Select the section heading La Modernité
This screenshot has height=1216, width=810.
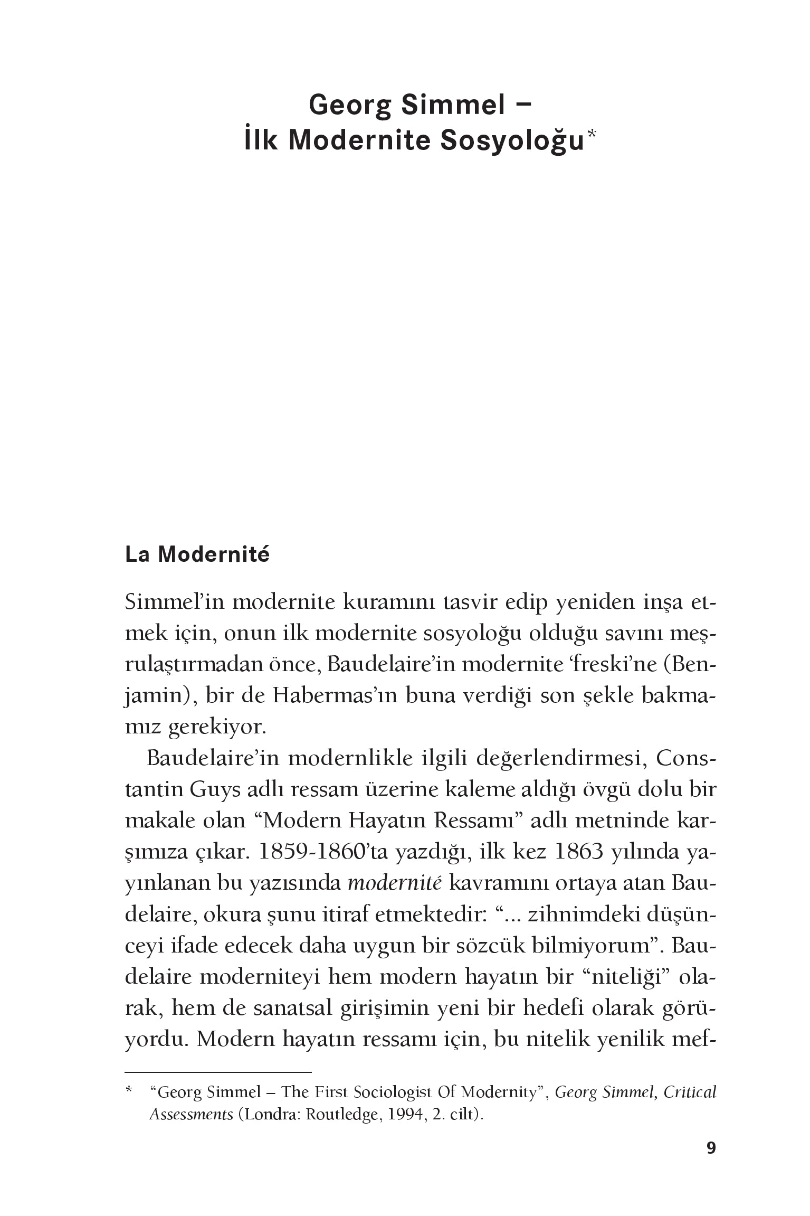[197, 555]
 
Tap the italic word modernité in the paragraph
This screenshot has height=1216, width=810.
[394, 883]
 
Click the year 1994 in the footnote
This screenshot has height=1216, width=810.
[403, 1114]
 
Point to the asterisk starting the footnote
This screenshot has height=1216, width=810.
[129, 1091]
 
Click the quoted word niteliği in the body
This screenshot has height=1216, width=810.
[627, 977]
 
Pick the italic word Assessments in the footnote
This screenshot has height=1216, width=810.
[191, 1114]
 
